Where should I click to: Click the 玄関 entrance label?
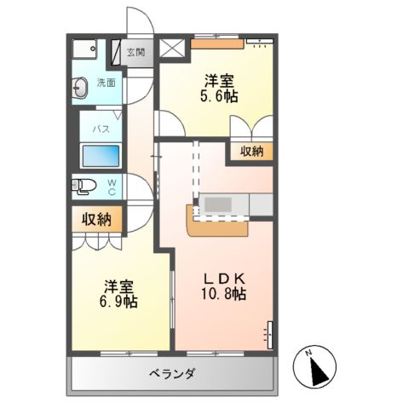tap(136, 53)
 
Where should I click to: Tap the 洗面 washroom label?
tap(105, 83)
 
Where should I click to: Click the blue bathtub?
tap(101, 158)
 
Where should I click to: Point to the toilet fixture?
tap(84, 185)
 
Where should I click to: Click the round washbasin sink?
tap(82, 85)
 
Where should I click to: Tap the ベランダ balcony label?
tap(171, 373)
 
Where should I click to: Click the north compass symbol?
tap(317, 367)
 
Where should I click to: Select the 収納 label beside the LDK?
tap(250, 152)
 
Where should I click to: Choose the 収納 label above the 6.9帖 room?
tap(97, 220)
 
